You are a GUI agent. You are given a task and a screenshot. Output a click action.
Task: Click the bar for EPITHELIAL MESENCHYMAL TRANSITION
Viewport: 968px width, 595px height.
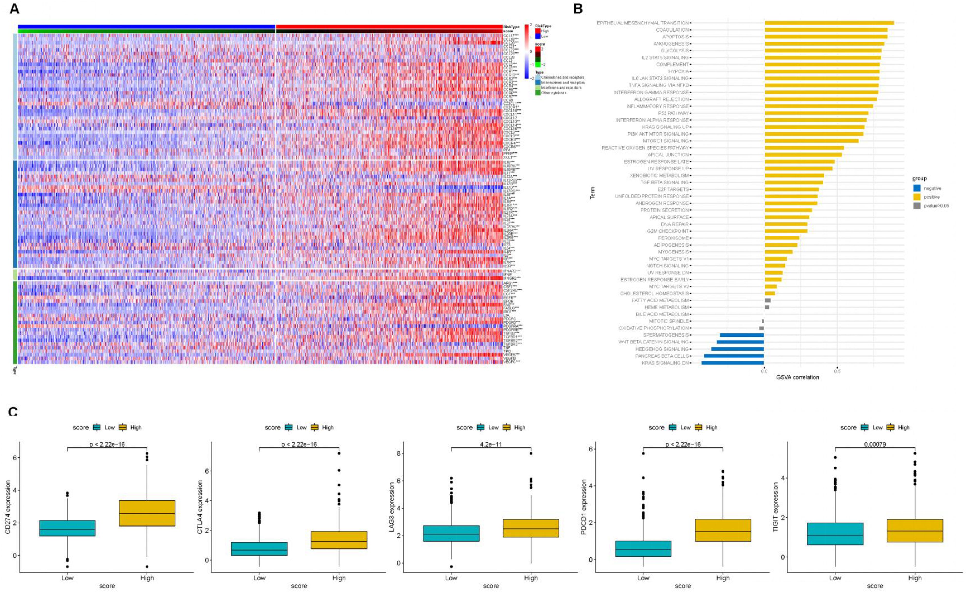829,23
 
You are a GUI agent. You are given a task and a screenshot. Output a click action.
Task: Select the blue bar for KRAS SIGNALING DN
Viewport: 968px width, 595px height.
732,363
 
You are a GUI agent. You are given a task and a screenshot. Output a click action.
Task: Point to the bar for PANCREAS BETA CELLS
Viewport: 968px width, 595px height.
734,356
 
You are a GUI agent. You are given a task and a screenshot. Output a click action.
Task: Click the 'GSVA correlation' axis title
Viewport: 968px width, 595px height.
797,377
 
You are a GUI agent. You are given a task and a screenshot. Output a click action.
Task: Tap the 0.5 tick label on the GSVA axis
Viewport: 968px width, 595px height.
837,371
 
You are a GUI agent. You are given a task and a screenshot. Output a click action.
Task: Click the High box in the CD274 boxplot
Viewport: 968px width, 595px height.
147,513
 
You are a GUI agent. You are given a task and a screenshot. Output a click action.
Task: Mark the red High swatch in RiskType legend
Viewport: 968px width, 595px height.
538,31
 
